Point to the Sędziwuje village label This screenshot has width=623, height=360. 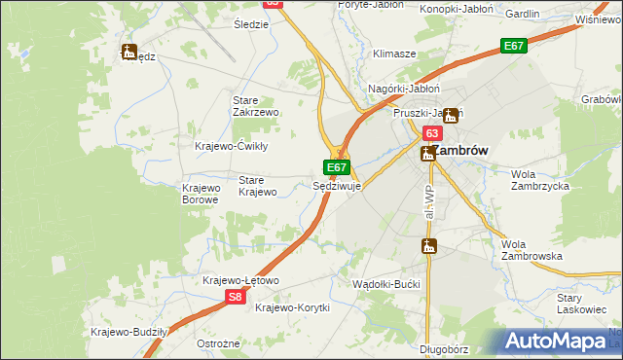click(337, 185)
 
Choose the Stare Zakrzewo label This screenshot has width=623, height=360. click(256, 106)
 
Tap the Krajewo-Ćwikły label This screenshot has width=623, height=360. click(232, 146)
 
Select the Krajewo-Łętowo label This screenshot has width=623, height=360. click(240, 280)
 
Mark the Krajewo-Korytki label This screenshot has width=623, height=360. click(292, 307)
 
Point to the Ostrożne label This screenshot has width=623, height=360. click(218, 344)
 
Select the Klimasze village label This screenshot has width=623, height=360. click(393, 54)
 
